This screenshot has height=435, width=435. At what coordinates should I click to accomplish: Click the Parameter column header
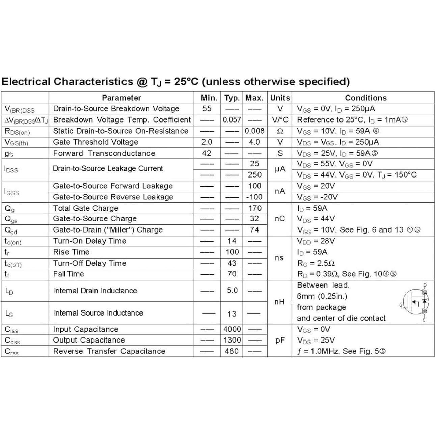121,98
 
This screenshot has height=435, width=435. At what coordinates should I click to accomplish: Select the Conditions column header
365,98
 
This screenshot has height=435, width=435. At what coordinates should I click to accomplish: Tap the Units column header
280,98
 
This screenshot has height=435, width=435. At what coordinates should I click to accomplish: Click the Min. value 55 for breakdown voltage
207,109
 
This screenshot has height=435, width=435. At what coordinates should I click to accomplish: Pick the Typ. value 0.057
232,120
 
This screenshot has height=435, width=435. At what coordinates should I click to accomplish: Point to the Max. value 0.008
254,131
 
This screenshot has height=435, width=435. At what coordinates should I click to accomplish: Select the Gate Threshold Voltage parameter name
96,142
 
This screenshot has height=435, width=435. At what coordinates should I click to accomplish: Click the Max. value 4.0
254,142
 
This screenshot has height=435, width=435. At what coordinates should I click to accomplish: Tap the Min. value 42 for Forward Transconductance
207,153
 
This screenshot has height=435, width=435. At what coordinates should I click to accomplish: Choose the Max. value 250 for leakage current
254,175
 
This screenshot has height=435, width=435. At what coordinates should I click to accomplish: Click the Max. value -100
254,197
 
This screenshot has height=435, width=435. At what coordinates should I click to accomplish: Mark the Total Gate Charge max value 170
255,208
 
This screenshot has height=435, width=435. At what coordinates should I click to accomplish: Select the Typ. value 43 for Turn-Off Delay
232,263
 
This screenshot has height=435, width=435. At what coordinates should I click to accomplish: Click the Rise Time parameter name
71,252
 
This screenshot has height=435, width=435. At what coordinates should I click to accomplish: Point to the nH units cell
279,302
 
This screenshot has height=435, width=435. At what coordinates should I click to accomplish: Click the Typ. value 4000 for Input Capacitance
232,329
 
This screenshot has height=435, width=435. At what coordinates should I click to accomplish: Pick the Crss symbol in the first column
11,352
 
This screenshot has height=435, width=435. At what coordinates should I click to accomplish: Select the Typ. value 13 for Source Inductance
232,314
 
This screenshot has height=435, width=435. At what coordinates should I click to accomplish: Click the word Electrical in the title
26,82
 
